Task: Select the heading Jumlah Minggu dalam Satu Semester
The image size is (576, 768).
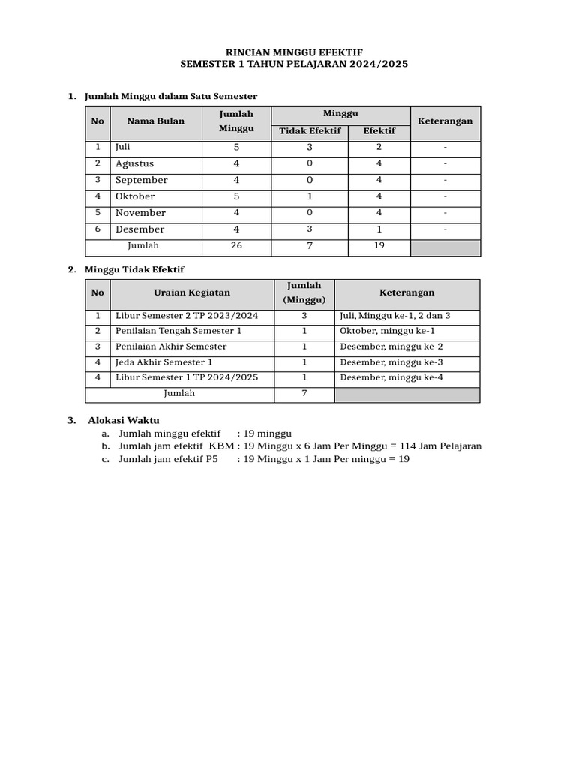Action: [x=171, y=96]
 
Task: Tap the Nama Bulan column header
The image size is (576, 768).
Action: [x=155, y=121]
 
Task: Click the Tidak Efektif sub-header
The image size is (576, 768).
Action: [x=310, y=131]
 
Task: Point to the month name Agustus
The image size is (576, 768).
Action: [x=134, y=163]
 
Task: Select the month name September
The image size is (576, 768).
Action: [x=141, y=180]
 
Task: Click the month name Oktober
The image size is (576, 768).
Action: [x=135, y=196]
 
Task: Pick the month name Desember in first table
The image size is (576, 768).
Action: [x=139, y=229]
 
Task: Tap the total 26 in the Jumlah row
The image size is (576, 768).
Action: [x=236, y=246]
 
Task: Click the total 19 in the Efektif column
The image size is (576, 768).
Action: [x=379, y=246]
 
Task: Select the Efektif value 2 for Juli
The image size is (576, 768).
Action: [x=379, y=148]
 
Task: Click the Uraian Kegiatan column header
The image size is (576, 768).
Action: [x=192, y=292]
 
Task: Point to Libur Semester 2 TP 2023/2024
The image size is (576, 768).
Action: [x=186, y=316]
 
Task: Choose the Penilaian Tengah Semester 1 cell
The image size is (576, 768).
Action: [x=178, y=331]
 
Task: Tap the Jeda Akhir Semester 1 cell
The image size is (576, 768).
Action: [x=163, y=362]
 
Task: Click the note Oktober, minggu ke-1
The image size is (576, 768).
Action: [x=387, y=331]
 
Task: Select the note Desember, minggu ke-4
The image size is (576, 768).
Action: [x=391, y=377]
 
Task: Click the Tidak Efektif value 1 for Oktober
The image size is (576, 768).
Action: [x=310, y=196]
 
